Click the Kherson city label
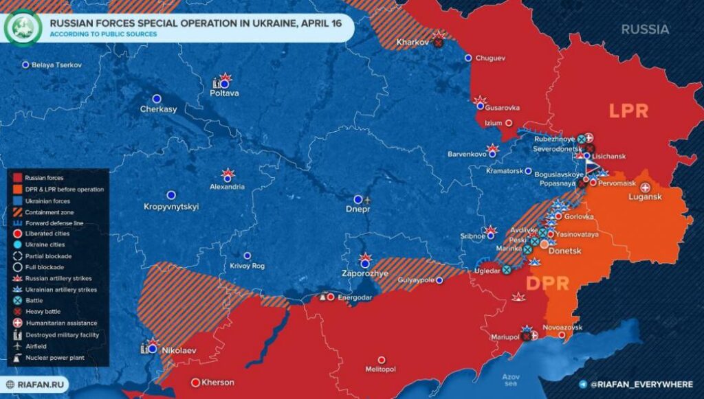[218, 383]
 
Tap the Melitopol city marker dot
[382, 359]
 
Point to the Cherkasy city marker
[157, 98]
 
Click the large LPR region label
[628, 111]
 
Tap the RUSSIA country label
[645, 30]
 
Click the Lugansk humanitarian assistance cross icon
[645, 187]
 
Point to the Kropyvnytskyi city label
[170, 206]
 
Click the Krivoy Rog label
[247, 266]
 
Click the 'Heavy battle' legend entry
[44, 312]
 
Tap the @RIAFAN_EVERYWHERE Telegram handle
[641, 385]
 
